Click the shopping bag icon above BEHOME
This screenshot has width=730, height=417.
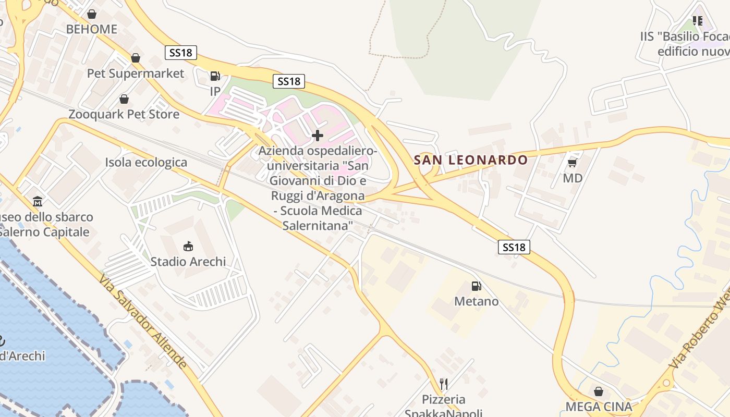coord(92,14)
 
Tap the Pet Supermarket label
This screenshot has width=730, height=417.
coord(136,73)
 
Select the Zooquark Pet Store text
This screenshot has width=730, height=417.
coord(124,114)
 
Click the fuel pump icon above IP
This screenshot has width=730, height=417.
coord(215,76)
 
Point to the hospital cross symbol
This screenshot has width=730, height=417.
coord(317,136)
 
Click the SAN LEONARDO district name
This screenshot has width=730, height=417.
coord(471,160)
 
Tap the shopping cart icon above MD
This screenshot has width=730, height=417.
coord(572,163)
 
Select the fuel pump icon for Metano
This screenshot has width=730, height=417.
coord(476,286)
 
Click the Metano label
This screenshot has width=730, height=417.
coord(476,301)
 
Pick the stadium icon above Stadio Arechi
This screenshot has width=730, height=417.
coord(188,246)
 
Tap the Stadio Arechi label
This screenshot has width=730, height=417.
coord(188,261)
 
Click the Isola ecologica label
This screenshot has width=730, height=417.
coord(146,162)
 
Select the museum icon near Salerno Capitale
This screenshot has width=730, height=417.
coord(38,201)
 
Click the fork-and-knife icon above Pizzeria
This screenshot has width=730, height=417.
coord(444,384)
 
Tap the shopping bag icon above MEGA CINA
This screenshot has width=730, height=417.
coord(599,391)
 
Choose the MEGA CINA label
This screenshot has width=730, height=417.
coord(599,407)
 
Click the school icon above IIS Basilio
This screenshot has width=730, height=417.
coord(698,21)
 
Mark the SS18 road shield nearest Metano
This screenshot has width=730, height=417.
coord(514,247)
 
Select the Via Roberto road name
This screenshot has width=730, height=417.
coord(699,339)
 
